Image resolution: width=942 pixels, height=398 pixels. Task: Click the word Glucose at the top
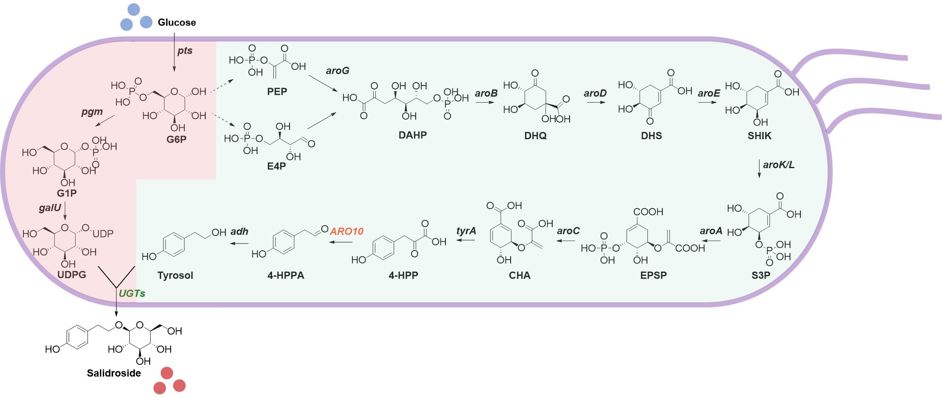pyautogui.click(x=176, y=23)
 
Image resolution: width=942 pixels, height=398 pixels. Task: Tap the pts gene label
pyautogui.click(x=185, y=51)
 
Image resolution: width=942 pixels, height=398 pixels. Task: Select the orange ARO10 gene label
pyautogui.click(x=347, y=231)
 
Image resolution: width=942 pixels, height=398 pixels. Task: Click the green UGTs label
pyautogui.click(x=132, y=293)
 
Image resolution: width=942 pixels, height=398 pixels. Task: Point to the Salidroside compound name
pyautogui.click(x=114, y=373)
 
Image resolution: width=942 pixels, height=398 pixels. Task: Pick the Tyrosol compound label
pyautogui.click(x=175, y=275)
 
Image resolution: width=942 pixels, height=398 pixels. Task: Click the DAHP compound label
pyautogui.click(x=412, y=135)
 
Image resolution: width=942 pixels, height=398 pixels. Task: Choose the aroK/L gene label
pyautogui.click(x=779, y=165)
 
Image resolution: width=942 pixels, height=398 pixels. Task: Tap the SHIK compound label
pyautogui.click(x=759, y=136)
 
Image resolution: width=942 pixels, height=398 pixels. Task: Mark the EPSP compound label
pyautogui.click(x=653, y=275)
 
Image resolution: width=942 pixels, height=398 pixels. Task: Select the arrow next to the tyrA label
pyautogui.click(x=466, y=241)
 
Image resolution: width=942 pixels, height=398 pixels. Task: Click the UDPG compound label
pyautogui.click(x=72, y=275)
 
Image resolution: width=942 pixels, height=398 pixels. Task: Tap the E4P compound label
pyautogui.click(x=276, y=166)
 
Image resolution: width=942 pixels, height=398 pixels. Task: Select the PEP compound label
pyautogui.click(x=277, y=92)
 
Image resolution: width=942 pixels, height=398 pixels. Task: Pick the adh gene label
pyautogui.click(x=239, y=232)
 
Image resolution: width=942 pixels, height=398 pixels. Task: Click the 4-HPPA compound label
pyautogui.click(x=286, y=275)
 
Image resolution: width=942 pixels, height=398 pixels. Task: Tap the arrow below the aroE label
pyautogui.click(x=708, y=102)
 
